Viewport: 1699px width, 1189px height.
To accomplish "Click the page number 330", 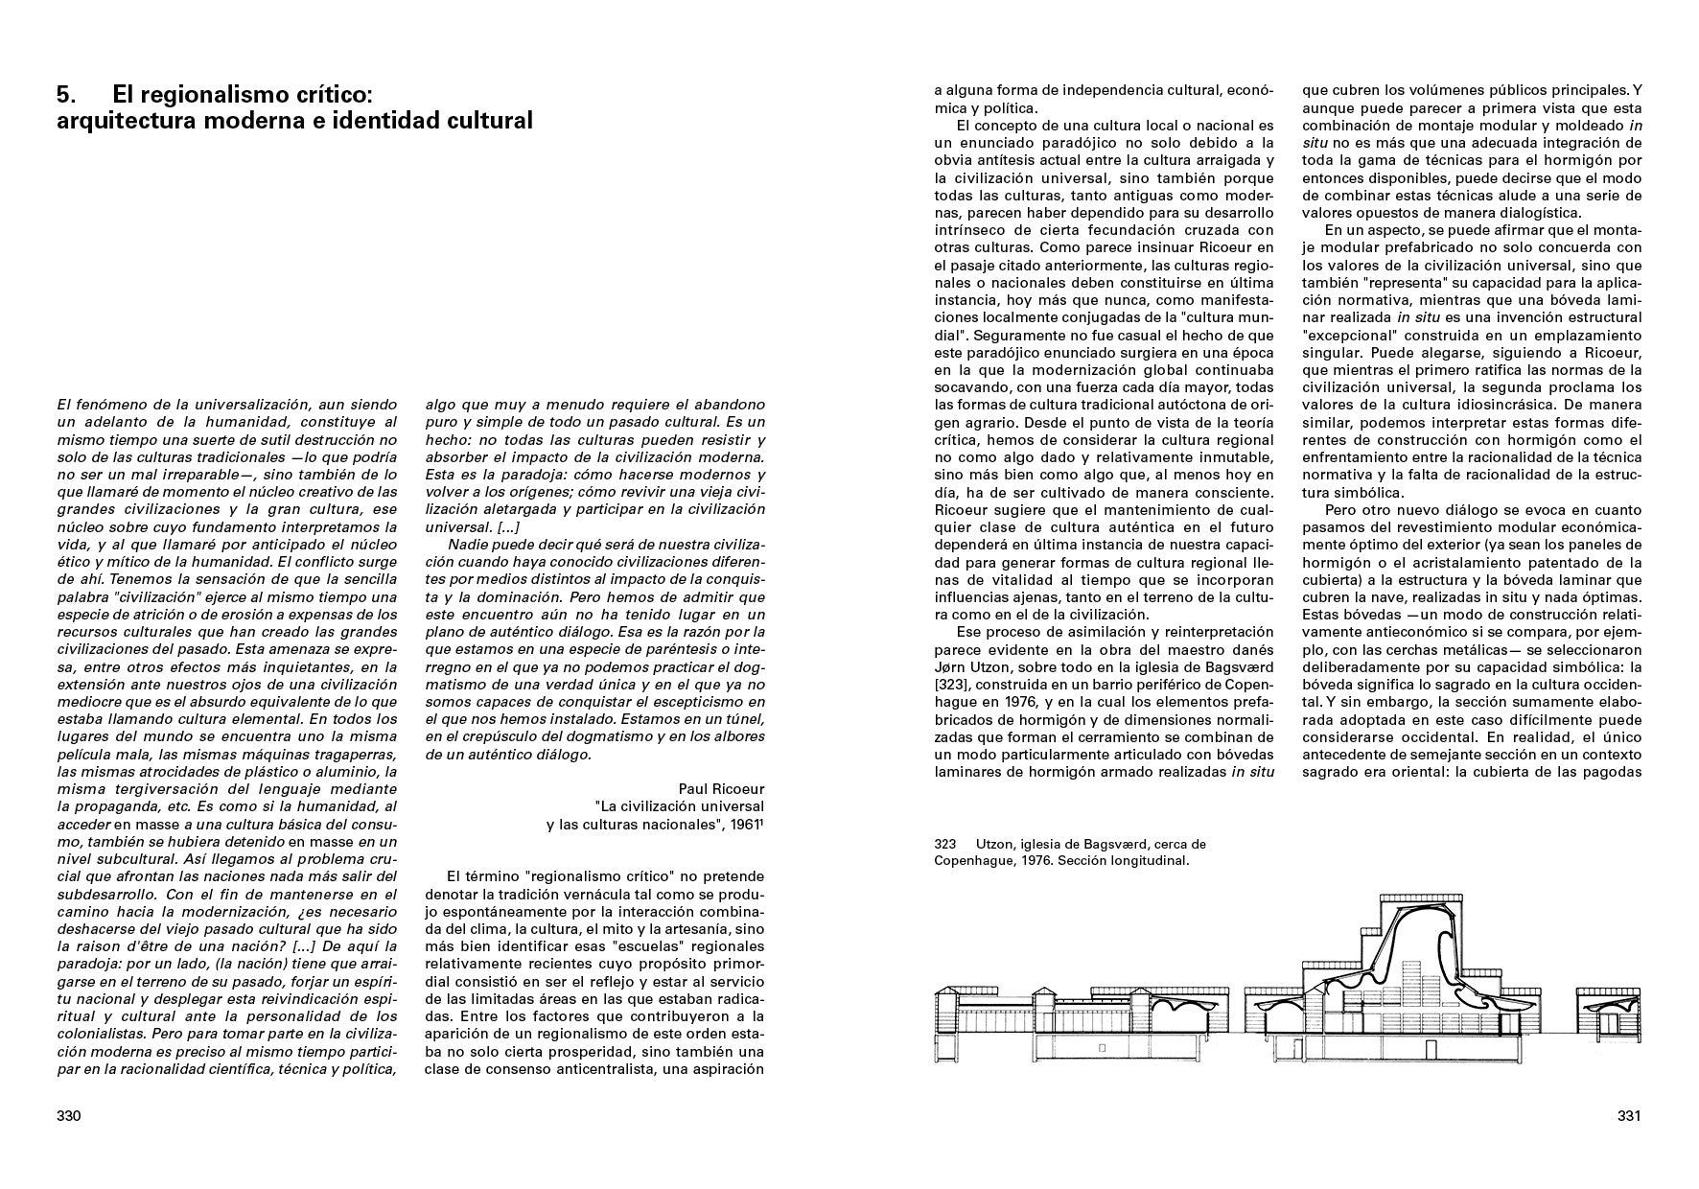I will (69, 1116).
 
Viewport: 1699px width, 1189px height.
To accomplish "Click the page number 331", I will (1629, 1116).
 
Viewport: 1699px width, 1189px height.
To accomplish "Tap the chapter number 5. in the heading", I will (66, 94).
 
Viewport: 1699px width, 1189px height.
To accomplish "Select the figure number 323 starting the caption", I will (945, 844).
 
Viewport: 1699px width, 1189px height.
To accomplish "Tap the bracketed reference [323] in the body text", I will (955, 685).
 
